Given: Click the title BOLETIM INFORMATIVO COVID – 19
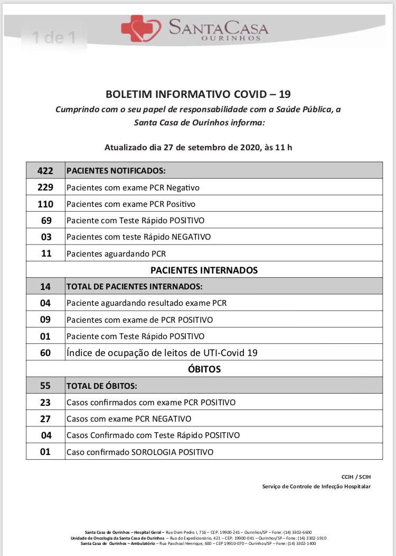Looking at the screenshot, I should point(198,94).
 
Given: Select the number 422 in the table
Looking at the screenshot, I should point(46,171).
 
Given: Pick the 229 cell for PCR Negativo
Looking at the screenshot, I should point(46,187).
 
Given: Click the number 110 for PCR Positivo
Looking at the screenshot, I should point(46,204).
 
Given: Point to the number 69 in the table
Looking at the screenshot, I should point(46,220).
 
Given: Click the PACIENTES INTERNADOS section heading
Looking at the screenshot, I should point(204,270).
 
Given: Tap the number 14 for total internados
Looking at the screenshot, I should point(46,287).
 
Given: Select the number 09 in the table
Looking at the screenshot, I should point(46,320).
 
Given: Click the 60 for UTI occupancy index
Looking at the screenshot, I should point(46,352).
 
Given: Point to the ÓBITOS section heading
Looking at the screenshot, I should point(204,369).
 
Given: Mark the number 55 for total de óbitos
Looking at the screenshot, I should point(46,386).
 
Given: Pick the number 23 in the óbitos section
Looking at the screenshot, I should point(46,402).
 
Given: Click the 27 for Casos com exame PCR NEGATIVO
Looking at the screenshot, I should point(46,418).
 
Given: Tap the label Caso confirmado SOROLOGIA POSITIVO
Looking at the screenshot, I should point(140,452).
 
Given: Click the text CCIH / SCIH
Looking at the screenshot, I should point(356,477).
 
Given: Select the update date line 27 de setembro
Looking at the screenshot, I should point(198,147).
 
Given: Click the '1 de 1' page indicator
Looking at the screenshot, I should point(53,38).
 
